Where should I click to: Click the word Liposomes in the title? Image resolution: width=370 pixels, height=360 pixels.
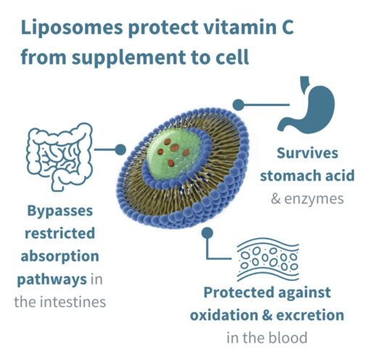tap(72, 28)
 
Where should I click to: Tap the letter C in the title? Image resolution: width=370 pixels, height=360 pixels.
tap(287, 26)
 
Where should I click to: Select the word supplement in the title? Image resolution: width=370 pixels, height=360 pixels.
tap(129, 58)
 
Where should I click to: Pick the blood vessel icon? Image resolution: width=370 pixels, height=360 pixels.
tap(268, 259)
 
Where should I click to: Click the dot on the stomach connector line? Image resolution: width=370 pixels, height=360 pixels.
tap(239, 105)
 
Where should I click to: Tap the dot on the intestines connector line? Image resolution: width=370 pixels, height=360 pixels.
tap(120, 150)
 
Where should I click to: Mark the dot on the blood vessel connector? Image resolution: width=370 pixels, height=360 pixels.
tap(207, 233)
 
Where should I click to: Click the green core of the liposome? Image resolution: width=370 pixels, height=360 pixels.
tap(173, 152)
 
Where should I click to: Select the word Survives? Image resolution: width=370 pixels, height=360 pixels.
tap(308, 153)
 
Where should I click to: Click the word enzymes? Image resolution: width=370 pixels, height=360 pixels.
tap(314, 200)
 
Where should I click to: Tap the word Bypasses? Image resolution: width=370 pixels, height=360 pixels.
tap(60, 211)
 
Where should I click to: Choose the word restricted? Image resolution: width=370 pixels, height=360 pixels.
tap(60, 233)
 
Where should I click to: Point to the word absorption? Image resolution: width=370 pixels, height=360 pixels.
tap(60, 256)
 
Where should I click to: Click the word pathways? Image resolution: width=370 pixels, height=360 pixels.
tap(52, 279)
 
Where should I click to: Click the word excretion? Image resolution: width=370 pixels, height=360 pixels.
tap(310, 315)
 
